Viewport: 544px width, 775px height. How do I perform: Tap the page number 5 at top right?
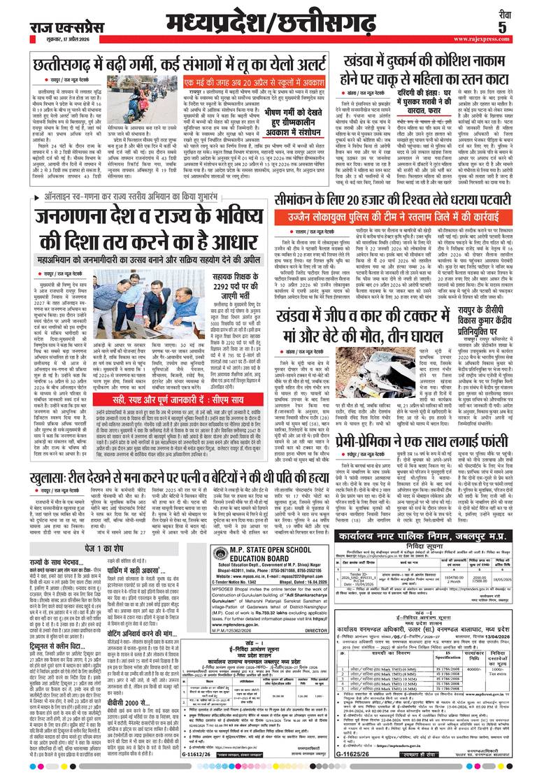click(x=522, y=27)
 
